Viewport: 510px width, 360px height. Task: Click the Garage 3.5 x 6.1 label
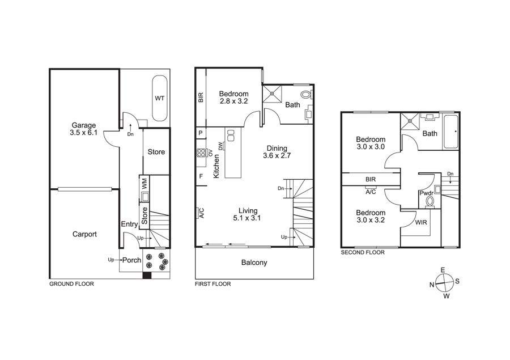coord(84,129)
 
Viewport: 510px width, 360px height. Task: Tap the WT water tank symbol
coord(159,98)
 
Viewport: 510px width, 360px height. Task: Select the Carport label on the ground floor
coord(84,234)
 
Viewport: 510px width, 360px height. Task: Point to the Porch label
coord(131,260)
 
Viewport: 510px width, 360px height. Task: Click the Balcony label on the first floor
coord(254,262)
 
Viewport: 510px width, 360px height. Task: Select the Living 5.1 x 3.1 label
coord(248,214)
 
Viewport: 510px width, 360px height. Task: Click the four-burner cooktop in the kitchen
coord(201,153)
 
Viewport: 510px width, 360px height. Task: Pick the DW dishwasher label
coord(221,146)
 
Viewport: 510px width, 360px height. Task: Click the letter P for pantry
coord(201,133)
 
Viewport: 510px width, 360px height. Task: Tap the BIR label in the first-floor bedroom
coord(201,98)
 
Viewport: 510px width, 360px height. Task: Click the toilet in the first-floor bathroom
coord(307,95)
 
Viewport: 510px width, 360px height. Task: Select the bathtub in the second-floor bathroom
coord(450,132)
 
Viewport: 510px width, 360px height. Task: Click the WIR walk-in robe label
coord(421,223)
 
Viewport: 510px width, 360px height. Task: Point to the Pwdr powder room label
coord(426,193)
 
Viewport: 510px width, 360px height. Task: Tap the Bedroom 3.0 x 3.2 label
coord(371,217)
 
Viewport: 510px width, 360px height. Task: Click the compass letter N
coord(432,285)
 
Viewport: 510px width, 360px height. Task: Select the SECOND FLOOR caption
coord(363,252)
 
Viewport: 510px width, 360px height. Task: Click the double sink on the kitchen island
coord(231,135)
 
